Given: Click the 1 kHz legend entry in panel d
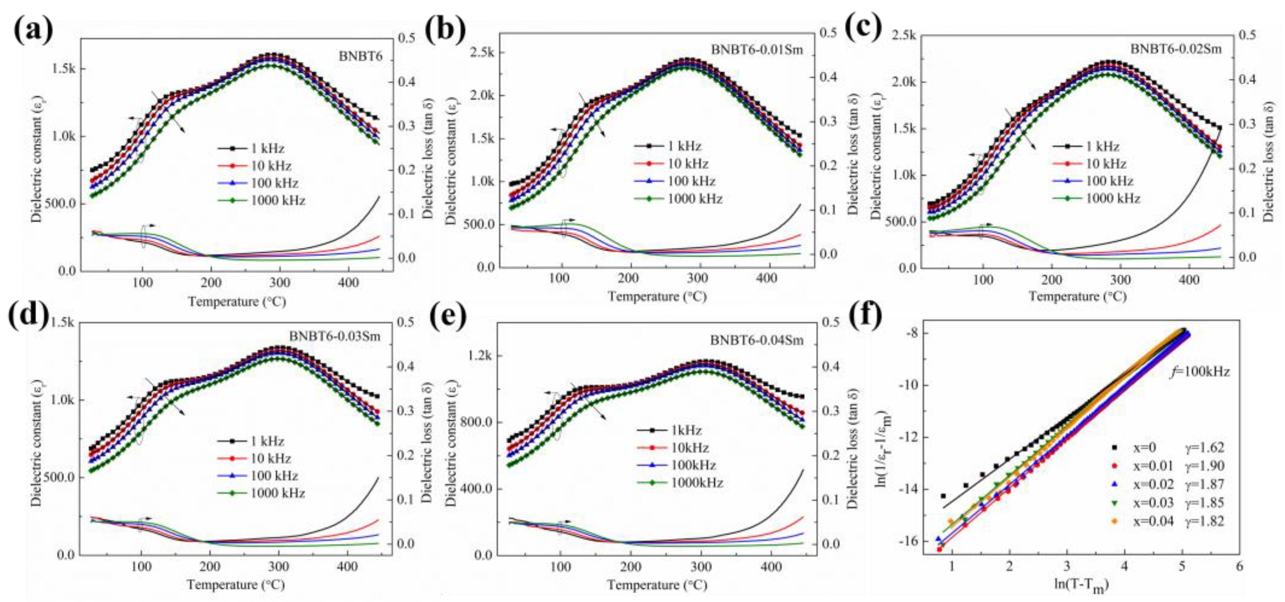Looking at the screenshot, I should coord(267,441).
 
